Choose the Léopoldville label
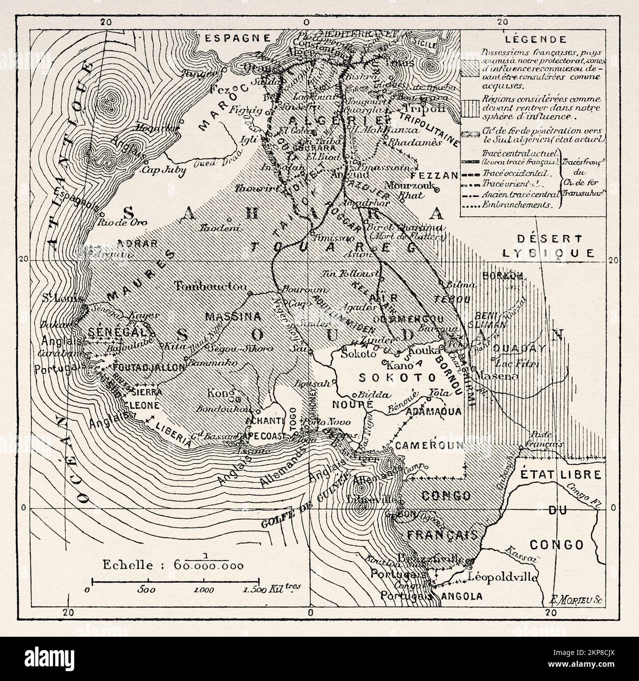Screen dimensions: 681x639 point(499,576)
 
